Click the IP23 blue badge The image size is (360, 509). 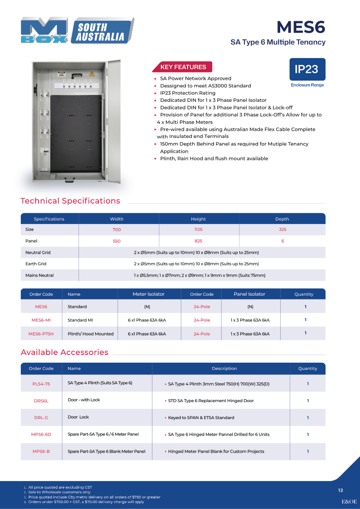307,69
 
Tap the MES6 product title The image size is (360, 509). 301,27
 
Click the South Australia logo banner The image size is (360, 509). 100,31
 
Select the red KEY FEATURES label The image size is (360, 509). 183,67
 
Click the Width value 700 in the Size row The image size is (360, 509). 117,229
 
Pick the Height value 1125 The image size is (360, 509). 198,229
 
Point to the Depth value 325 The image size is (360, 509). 282,229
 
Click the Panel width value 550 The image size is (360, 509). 117,241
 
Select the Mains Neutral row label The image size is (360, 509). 39,275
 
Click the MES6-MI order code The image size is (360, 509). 41,320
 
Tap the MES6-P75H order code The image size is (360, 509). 41,334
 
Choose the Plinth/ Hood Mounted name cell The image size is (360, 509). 90,334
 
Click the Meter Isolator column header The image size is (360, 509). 149,294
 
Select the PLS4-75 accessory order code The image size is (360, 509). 41,384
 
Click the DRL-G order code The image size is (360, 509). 41,418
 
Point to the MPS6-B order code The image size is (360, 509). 41,451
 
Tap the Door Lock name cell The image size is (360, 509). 79,417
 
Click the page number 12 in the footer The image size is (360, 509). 340,490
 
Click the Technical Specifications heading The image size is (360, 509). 70,201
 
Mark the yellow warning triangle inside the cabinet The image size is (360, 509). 91,74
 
